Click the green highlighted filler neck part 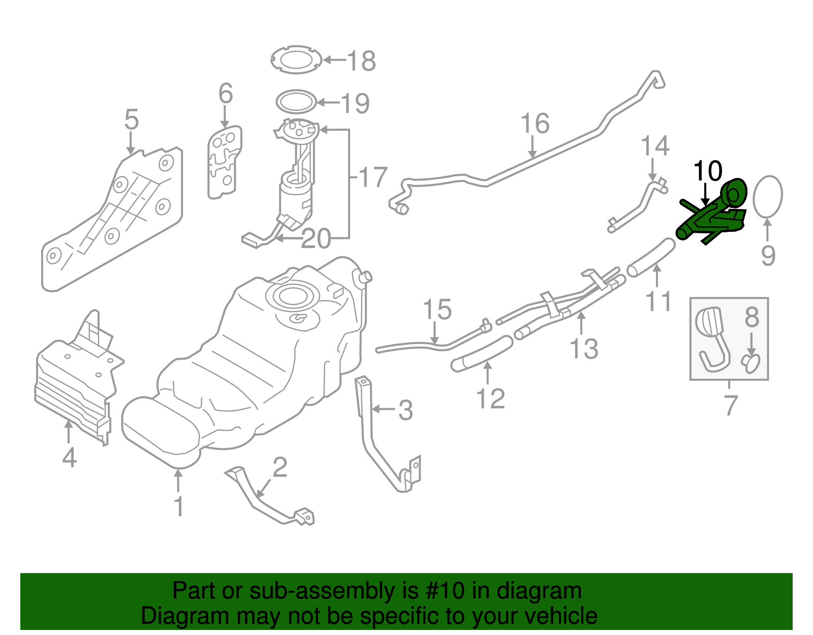click(x=711, y=216)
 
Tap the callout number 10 click(x=707, y=171)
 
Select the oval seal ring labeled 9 click(x=767, y=196)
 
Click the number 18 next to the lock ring click(x=361, y=61)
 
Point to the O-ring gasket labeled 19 click(x=296, y=102)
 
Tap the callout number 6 click(x=226, y=94)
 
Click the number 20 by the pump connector click(x=316, y=239)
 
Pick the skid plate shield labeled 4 click(x=74, y=386)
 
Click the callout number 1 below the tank click(x=178, y=506)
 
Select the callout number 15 click(x=437, y=310)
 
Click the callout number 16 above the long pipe click(x=535, y=124)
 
